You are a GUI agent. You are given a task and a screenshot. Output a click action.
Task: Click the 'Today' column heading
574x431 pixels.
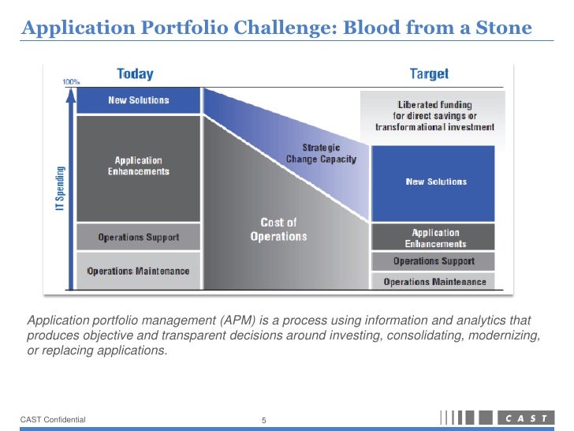[x=135, y=74]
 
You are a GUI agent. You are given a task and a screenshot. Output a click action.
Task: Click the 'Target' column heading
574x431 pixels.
[x=429, y=74]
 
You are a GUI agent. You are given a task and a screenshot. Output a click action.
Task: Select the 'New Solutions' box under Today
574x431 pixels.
[x=139, y=100]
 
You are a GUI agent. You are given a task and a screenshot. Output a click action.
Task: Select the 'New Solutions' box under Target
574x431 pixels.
[x=435, y=182]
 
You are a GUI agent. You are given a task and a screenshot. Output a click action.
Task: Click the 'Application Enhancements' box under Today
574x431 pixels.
[x=139, y=167]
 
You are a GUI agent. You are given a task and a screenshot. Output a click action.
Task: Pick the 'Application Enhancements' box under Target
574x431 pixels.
[x=435, y=238]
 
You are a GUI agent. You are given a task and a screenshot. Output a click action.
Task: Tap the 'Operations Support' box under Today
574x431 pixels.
[x=139, y=237]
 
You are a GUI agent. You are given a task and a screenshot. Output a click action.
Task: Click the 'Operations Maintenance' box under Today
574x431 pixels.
[x=139, y=271]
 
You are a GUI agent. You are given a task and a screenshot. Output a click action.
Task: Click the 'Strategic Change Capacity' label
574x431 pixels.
[x=321, y=153]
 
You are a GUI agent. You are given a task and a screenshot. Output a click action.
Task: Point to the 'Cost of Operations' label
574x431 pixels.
[x=278, y=230]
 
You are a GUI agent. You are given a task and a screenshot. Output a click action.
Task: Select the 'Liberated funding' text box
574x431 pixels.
[x=434, y=115]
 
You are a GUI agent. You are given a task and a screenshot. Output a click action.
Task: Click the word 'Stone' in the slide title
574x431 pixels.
[x=506, y=28]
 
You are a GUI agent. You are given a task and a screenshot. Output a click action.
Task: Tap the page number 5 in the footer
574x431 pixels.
[x=265, y=420]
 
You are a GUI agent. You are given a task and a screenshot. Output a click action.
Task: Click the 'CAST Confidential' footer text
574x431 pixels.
[x=54, y=419]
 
